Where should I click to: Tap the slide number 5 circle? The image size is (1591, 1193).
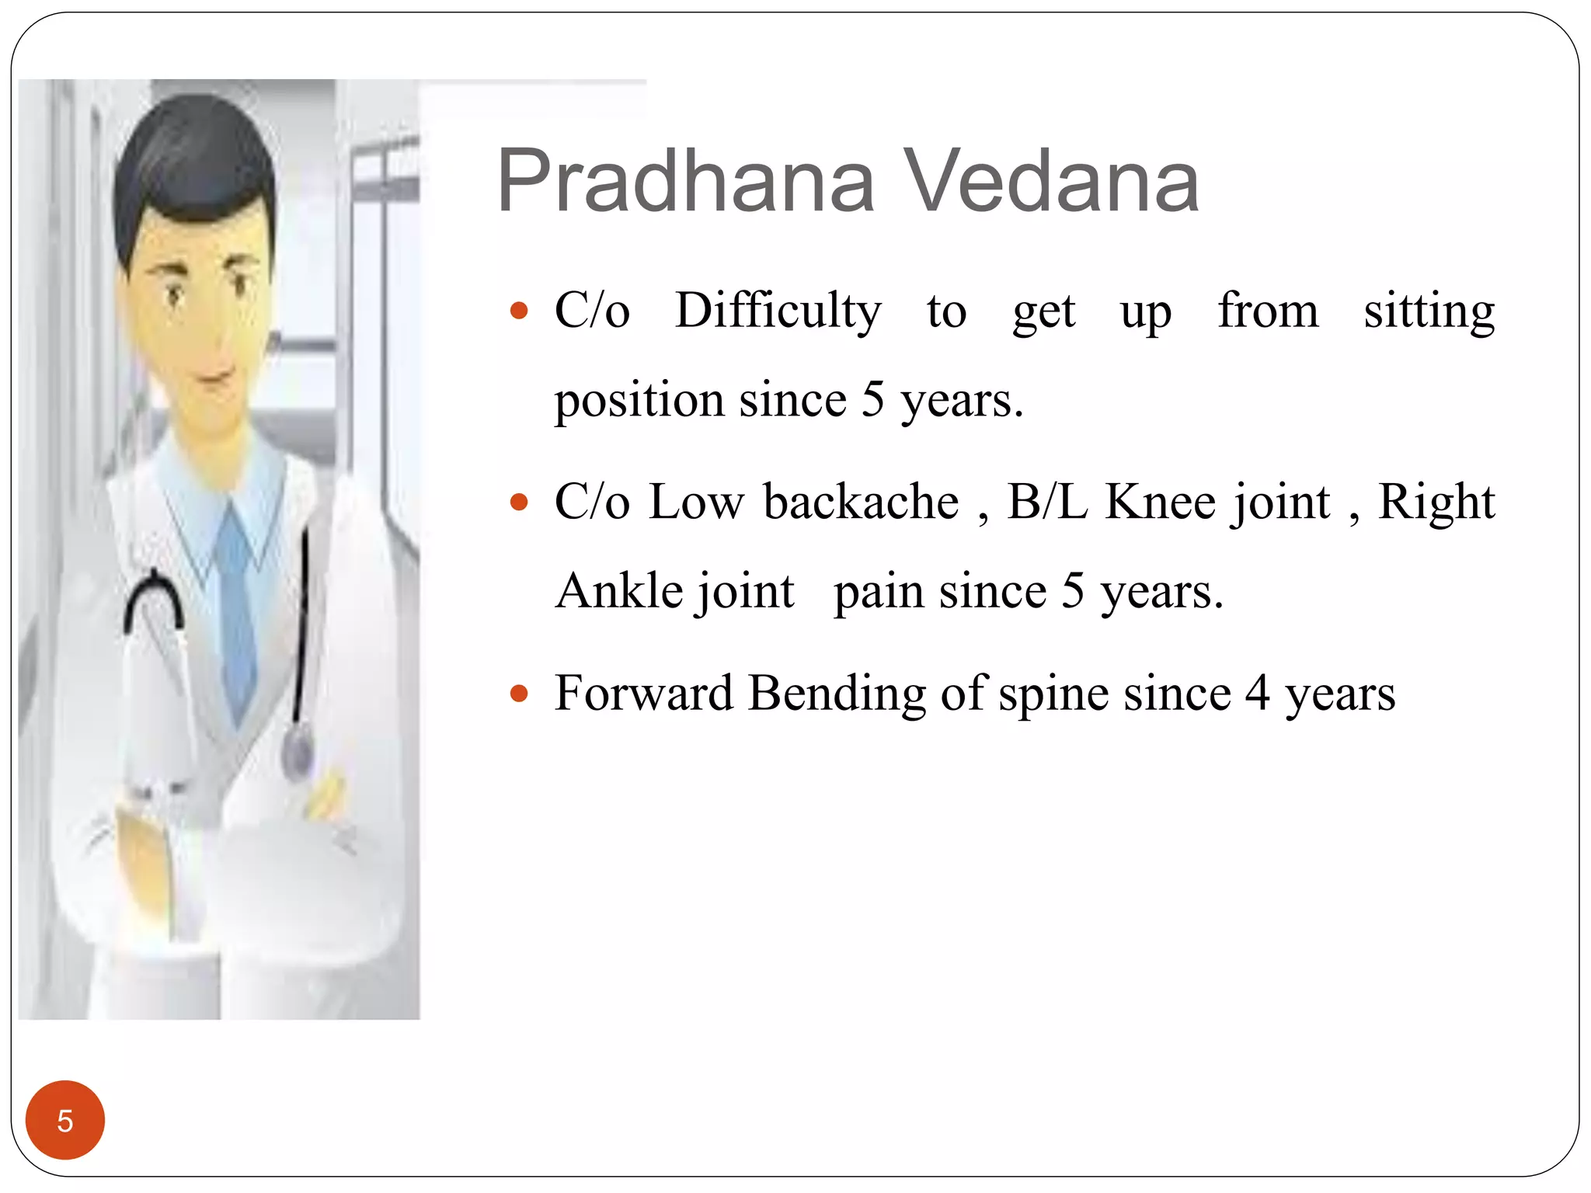(65, 1120)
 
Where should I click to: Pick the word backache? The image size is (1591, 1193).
(861, 502)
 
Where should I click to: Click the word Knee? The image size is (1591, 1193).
(1161, 502)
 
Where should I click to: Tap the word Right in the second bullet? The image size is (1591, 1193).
(1436, 503)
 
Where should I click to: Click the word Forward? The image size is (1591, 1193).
(643, 693)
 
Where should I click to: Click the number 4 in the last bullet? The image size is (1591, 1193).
(1258, 693)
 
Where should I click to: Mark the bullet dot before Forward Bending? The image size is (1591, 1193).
(519, 694)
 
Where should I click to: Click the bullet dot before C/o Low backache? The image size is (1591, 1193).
(519, 503)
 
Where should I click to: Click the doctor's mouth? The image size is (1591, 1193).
(211, 379)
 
